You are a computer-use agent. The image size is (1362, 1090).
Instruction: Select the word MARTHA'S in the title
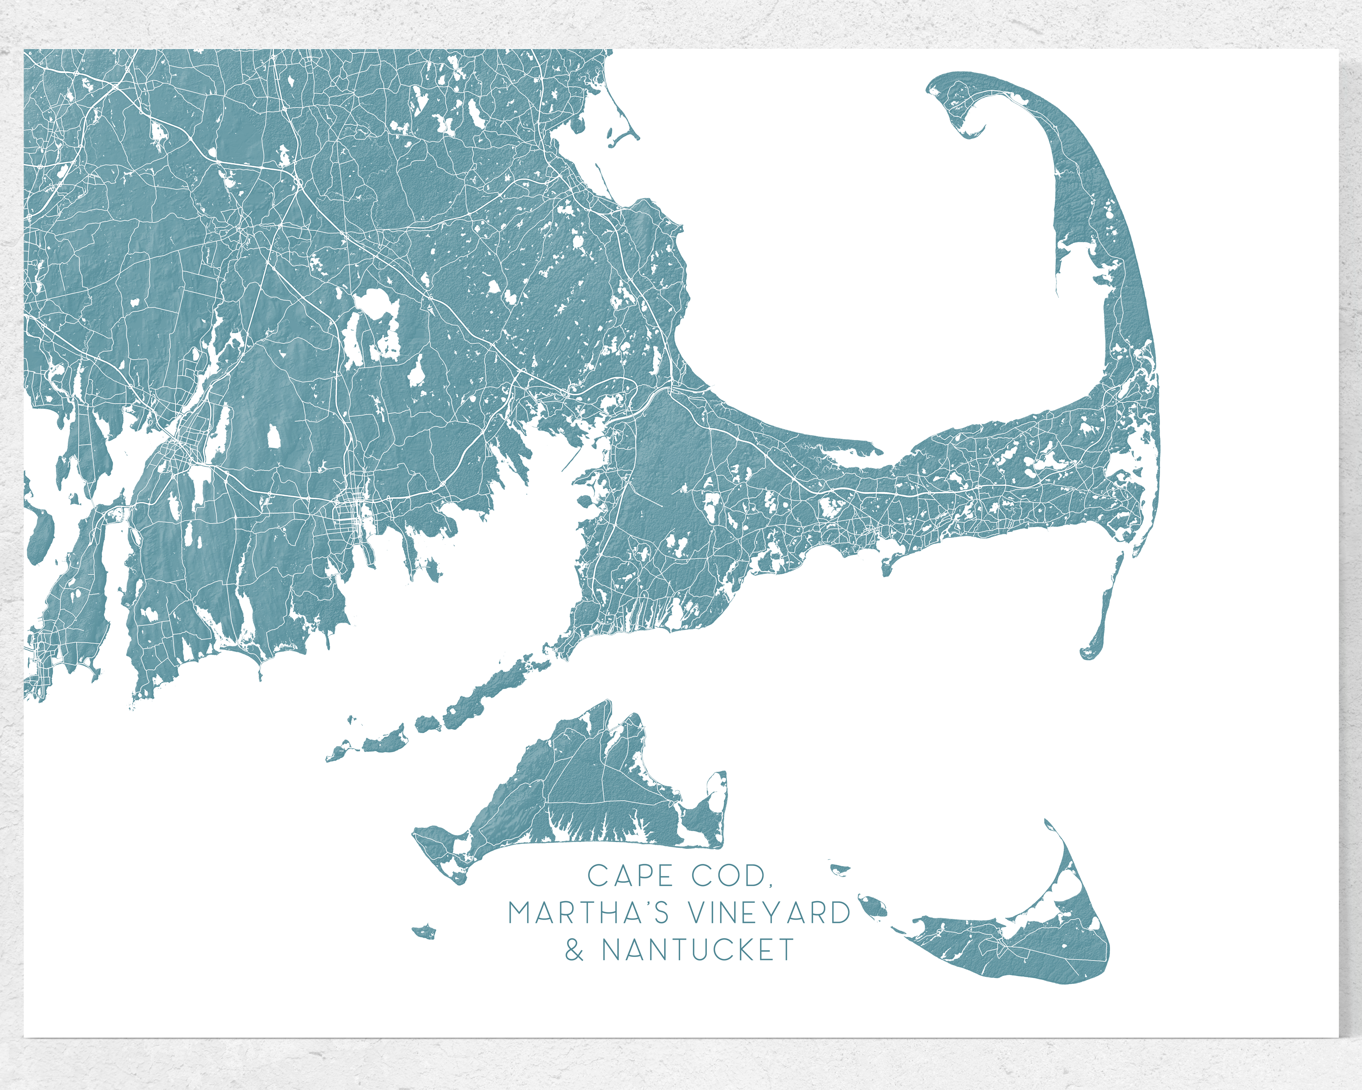coord(588,913)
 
